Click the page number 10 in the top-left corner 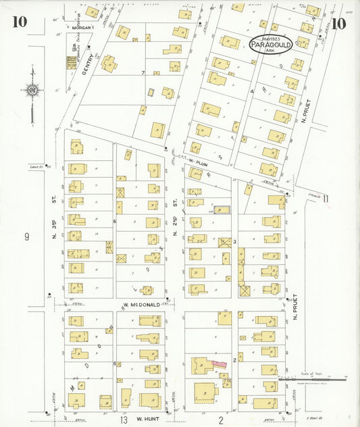tap(19, 22)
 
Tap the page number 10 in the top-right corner tap(340, 24)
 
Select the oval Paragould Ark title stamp tap(271, 44)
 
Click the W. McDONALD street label tap(142, 305)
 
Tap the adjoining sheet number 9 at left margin tap(27, 236)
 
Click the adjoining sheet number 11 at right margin tap(326, 198)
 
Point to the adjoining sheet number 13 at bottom tap(124, 420)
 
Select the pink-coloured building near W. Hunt tap(218, 363)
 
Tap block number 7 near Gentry tap(143, 72)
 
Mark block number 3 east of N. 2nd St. tap(234, 241)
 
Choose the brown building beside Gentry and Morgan tap(71, 62)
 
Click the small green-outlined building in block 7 tap(151, 91)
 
